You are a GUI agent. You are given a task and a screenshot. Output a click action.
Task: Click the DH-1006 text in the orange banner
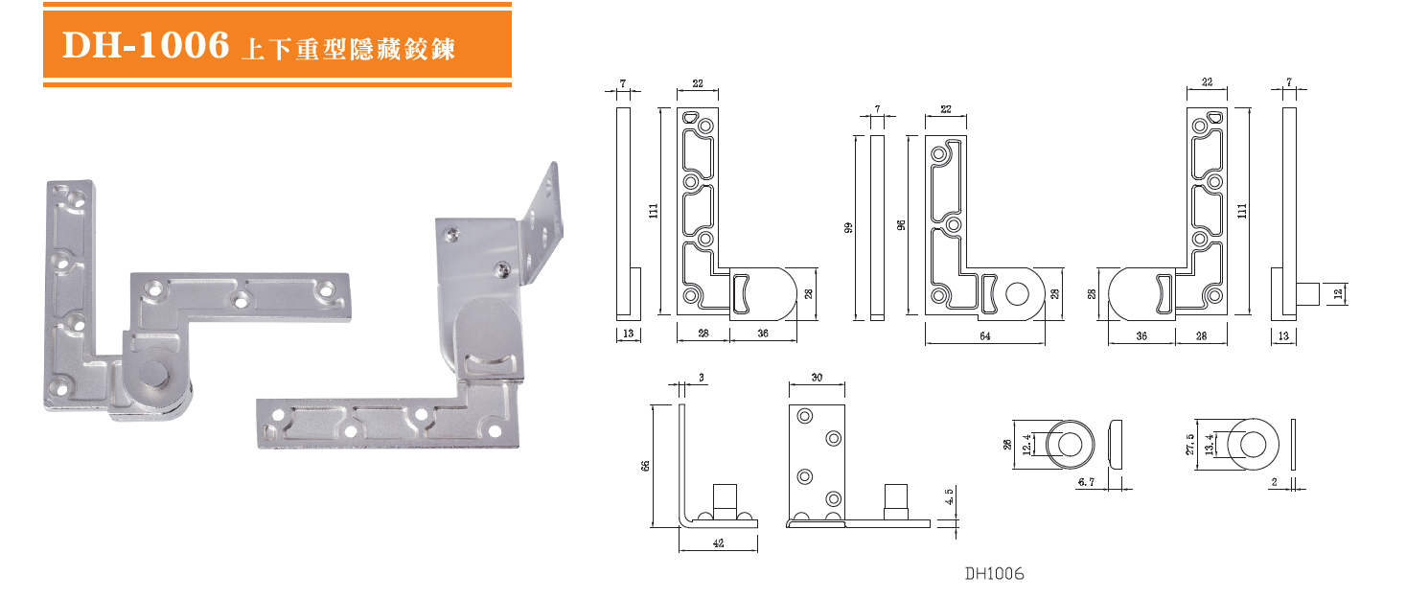146,45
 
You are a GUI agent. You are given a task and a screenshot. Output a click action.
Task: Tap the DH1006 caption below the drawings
995,574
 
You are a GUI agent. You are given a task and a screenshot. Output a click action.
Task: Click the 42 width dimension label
717,543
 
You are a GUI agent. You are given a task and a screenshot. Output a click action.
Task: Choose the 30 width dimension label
817,378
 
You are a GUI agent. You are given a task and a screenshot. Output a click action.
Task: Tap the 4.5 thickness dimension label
949,498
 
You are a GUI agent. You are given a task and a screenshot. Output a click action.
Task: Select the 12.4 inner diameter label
1027,444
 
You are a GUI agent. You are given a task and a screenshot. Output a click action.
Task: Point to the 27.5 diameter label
1190,444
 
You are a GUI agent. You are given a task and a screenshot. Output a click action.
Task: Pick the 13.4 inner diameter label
1210,444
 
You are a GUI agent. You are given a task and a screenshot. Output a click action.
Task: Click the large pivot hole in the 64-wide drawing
1018,293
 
